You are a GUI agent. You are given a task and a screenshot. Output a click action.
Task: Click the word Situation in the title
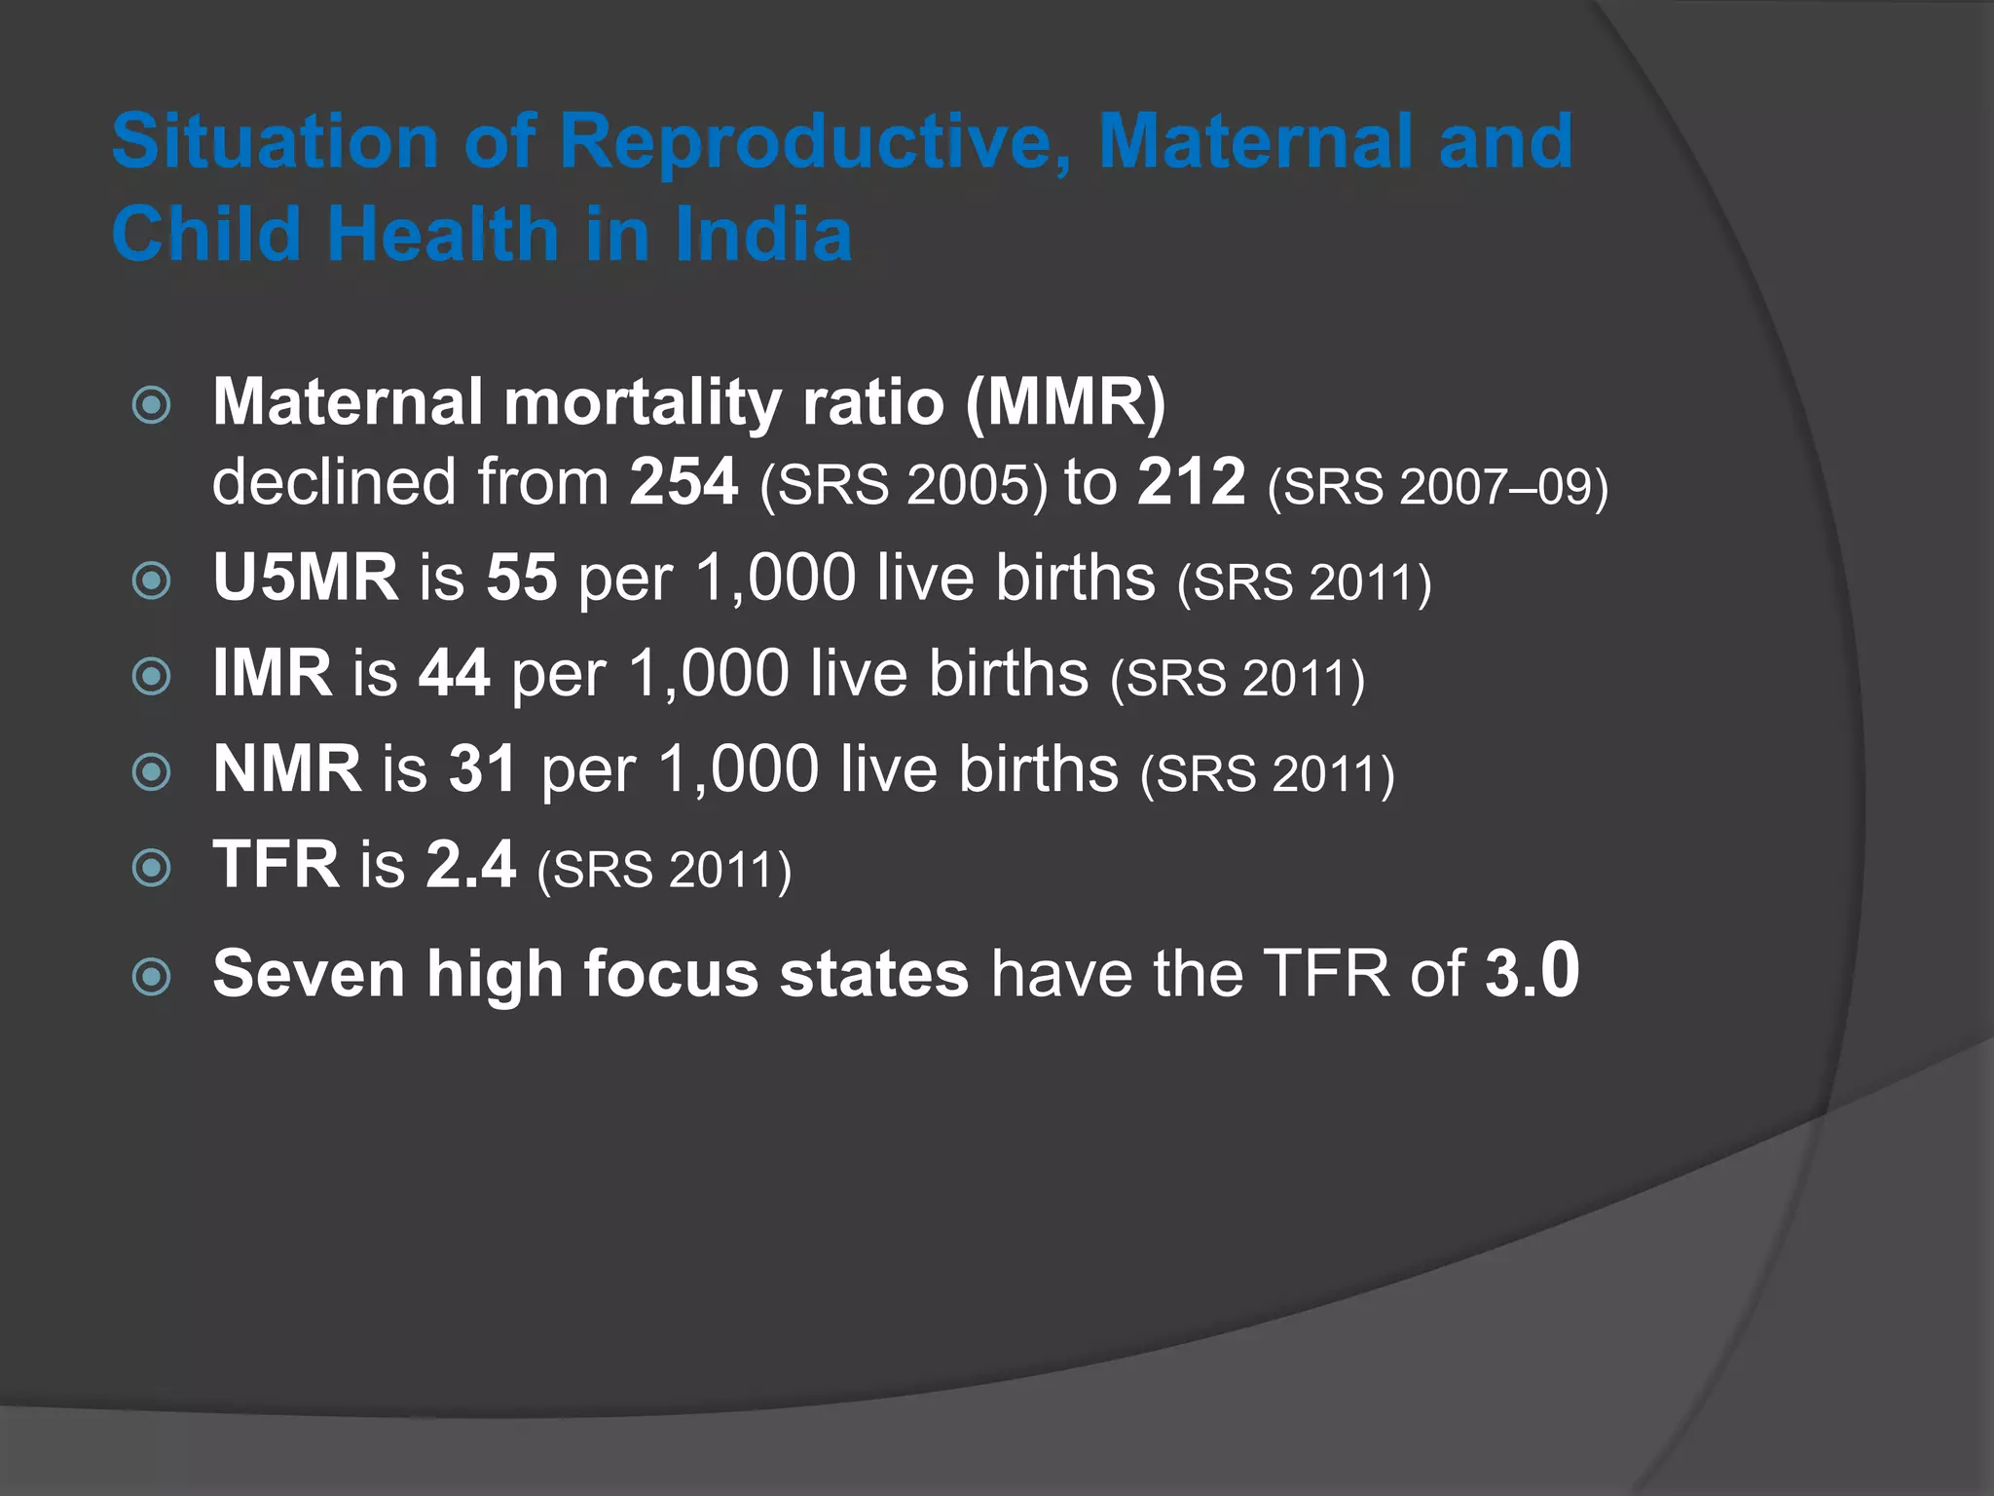pos(275,142)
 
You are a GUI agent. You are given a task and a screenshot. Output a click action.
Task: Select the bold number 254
pos(683,481)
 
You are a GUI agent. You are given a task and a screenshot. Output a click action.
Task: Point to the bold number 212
pos(1191,481)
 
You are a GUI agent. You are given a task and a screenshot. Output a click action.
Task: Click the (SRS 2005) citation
pos(904,485)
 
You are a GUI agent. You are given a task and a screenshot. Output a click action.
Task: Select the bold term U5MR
pos(306,577)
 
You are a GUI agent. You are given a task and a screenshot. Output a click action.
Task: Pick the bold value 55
pos(522,577)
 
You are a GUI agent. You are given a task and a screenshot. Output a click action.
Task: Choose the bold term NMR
pos(287,768)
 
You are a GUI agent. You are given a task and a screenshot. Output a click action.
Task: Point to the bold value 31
pos(483,768)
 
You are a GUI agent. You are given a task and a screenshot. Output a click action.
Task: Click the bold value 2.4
pos(470,864)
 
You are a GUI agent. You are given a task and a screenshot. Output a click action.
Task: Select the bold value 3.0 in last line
pos(1532,971)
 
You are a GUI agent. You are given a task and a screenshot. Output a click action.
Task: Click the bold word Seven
pos(309,973)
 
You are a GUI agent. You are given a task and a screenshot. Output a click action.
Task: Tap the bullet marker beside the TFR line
pos(152,867)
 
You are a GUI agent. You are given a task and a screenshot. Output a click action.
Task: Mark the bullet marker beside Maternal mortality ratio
pos(152,404)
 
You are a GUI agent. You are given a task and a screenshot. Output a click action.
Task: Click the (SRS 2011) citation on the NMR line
pos(1268,774)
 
